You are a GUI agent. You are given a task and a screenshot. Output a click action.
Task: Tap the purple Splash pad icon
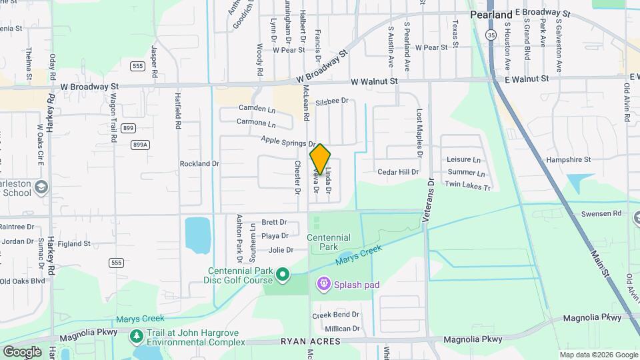point(324,285)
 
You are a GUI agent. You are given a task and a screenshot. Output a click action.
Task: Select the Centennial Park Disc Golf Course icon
point(283,274)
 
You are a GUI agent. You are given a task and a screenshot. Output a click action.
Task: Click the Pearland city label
point(491,14)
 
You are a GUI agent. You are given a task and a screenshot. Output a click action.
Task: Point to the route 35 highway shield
point(491,35)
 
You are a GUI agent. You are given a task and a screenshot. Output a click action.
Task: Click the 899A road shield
point(139,144)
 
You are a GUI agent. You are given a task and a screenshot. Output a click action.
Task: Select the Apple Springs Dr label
point(288,141)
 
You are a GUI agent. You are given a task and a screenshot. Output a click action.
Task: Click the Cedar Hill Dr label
point(398,172)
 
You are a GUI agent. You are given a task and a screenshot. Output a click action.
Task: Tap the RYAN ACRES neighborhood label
point(312,341)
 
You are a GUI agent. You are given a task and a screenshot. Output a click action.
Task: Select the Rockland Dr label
point(199,163)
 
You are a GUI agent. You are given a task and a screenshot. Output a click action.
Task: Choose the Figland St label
point(73,244)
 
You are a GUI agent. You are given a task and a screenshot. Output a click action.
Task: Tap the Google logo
point(21,351)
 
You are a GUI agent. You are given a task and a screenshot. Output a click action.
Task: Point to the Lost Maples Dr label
point(419,133)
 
